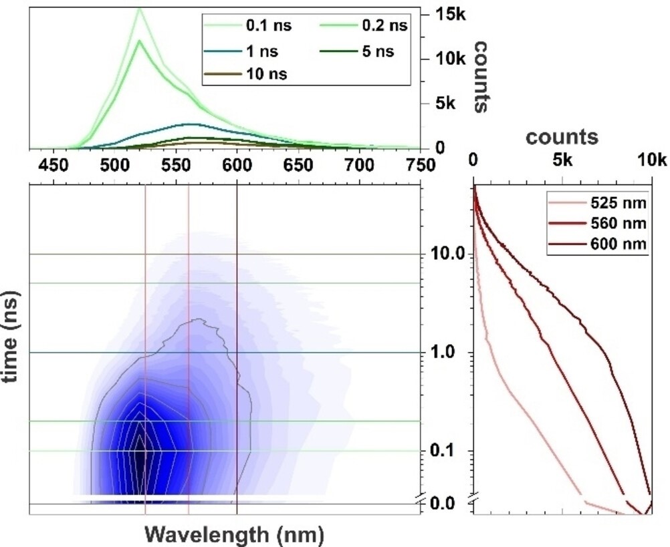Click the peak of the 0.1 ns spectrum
[x=140, y=9]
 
